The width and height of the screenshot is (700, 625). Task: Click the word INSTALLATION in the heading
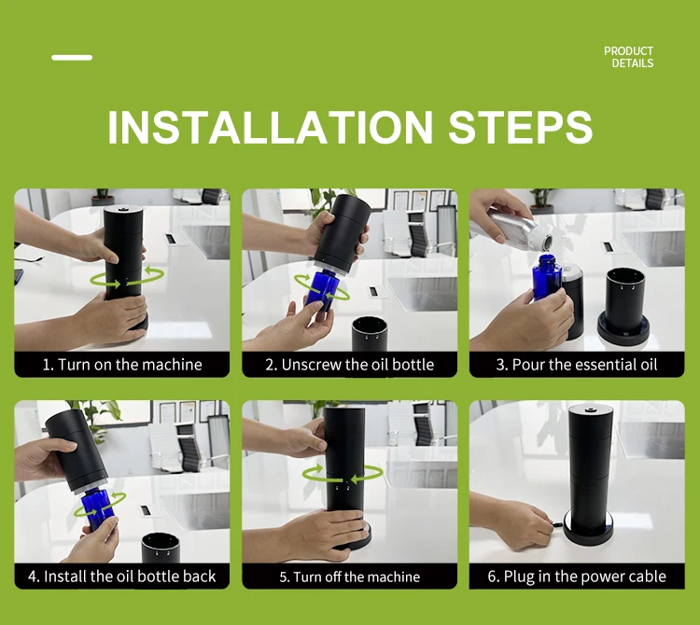270,128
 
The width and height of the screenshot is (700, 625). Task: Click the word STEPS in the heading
521,128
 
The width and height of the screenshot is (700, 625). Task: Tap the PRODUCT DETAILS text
628,57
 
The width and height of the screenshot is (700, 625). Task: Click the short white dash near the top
72,58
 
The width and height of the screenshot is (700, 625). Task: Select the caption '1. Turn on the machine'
122,365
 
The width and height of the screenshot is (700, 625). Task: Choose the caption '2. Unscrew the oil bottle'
350,365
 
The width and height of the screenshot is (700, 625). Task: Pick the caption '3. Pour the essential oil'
577,365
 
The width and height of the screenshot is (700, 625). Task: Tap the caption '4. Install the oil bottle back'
122,576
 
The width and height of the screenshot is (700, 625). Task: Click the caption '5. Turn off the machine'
350,576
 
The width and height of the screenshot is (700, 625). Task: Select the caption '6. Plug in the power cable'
577,576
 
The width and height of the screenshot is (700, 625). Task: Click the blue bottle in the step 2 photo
321,290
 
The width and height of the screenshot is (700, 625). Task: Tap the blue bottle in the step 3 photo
546,277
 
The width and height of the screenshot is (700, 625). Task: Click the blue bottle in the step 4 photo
98,508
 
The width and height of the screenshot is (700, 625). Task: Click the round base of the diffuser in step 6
589,531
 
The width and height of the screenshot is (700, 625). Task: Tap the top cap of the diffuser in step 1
123,209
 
